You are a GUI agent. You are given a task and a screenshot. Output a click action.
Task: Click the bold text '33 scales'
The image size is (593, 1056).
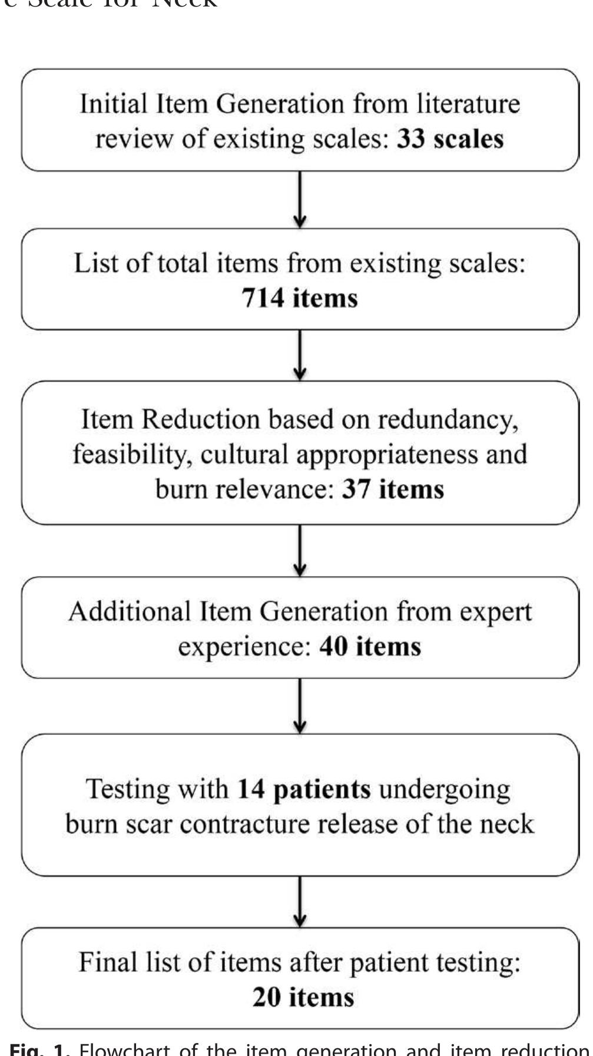[450, 140]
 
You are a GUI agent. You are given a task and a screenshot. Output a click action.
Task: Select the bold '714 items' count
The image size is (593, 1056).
[300, 298]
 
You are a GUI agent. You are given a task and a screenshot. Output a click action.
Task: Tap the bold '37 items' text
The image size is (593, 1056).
[393, 489]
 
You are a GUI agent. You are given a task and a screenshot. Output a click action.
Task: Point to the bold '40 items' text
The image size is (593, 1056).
[370, 647]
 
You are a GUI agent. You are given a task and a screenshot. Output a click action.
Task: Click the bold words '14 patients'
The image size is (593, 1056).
[304, 789]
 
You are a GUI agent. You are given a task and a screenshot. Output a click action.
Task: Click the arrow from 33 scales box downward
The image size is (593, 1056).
[300, 200]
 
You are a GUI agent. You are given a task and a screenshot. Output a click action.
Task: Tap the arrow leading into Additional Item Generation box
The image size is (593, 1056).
[300, 551]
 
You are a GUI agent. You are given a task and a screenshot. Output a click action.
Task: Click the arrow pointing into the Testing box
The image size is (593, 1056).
[300, 706]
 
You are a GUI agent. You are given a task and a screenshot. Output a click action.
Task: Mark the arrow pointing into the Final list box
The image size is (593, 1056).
[300, 902]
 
